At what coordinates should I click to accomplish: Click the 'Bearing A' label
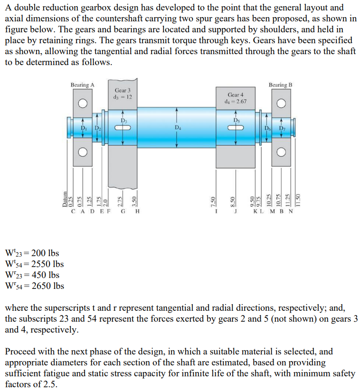tap(82, 85)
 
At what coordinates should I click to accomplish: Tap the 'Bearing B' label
tap(280, 85)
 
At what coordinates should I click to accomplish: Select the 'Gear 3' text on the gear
tap(123, 90)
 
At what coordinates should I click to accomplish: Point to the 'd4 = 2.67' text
tap(236, 101)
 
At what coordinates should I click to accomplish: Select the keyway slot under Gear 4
tap(236, 126)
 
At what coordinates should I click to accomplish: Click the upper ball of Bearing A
tap(83, 103)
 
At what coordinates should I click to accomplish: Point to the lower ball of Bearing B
tap(280, 152)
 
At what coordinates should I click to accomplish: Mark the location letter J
tap(234, 210)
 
